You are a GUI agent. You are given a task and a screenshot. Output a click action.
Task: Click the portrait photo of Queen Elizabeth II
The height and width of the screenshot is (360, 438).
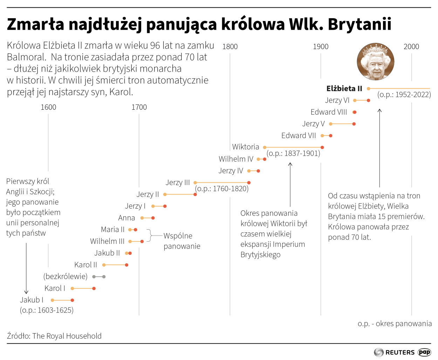pyautogui.click(x=375, y=62)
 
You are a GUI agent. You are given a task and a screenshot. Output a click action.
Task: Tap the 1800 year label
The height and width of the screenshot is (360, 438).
pyautogui.click(x=230, y=47)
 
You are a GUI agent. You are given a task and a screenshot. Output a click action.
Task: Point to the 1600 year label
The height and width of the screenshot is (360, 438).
pyautogui.click(x=48, y=107)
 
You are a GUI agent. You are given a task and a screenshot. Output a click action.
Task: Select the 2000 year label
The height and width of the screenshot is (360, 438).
pyautogui.click(x=411, y=47)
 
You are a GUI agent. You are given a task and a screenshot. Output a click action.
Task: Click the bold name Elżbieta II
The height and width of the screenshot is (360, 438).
pyautogui.click(x=344, y=89)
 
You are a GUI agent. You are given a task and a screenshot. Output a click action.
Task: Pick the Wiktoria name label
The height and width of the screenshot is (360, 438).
pyautogui.click(x=246, y=147)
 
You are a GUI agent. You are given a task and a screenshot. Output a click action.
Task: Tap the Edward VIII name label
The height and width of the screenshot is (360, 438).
pyautogui.click(x=329, y=112)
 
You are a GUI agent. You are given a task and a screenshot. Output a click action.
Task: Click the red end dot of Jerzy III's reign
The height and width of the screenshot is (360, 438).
pyautogui.click(x=249, y=183)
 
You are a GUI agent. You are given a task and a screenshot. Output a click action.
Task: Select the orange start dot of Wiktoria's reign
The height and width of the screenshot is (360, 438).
pyautogui.click(x=265, y=148)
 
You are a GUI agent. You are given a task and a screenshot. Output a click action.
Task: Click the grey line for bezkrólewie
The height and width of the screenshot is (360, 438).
pyautogui.click(x=99, y=277)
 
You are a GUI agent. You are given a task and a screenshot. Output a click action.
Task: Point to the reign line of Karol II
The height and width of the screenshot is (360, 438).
pyautogui.click(x=115, y=265)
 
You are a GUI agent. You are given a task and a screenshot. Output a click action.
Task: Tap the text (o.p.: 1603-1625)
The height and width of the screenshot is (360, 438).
pyautogui.click(x=47, y=310)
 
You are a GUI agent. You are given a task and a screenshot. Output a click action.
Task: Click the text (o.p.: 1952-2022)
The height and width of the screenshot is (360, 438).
pyautogui.click(x=404, y=95)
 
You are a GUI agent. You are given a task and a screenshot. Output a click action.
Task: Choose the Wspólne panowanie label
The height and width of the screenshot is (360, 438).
pyautogui.click(x=182, y=241)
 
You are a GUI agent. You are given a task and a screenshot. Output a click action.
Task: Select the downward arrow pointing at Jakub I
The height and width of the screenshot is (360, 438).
pyautogui.click(x=26, y=269)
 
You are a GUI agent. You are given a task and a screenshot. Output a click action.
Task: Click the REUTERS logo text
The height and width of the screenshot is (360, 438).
pyautogui.click(x=400, y=352)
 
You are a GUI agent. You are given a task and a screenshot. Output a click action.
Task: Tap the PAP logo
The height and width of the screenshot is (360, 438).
pyautogui.click(x=424, y=352)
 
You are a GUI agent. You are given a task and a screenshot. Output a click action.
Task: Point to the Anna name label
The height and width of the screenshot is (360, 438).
pyautogui.click(x=126, y=218)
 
